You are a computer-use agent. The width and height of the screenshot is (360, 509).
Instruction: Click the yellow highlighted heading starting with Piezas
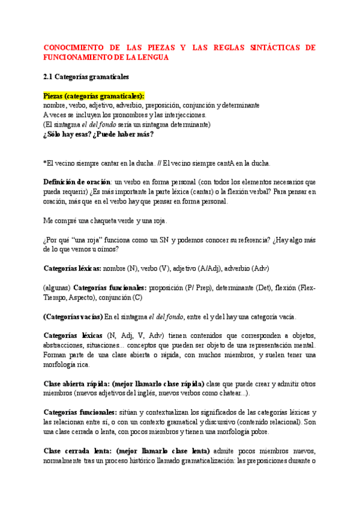point(94,95)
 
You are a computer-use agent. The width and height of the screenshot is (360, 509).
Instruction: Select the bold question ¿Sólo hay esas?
point(68,134)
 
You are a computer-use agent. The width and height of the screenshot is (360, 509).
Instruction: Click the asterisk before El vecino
point(45,163)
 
